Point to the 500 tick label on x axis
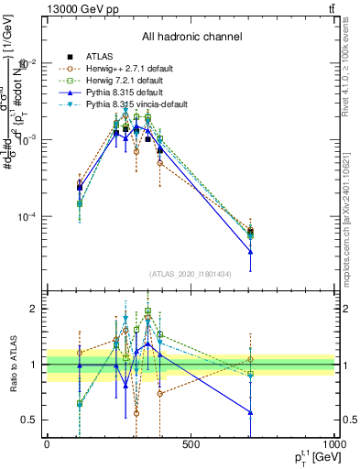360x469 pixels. click(191, 445)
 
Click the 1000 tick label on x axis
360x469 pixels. click(333, 445)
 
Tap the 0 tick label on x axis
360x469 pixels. click(47, 445)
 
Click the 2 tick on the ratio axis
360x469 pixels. click(38, 309)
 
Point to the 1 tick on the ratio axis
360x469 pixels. click(38, 365)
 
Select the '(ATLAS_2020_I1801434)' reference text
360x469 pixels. click(191, 274)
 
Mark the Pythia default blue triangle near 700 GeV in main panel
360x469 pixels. click(250, 252)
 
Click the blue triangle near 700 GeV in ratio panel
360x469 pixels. click(250, 412)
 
